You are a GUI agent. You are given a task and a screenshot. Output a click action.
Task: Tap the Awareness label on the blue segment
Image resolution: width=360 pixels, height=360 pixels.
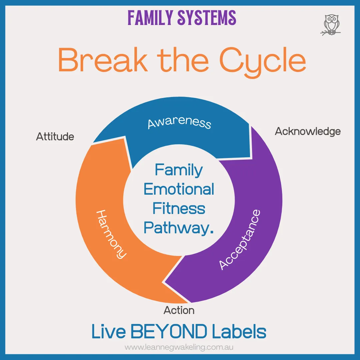pos(179,122)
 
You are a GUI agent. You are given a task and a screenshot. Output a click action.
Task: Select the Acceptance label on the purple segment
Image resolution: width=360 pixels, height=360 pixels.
pos(239,239)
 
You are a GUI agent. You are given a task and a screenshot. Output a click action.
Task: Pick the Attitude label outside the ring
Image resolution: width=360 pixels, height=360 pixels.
pos(55,137)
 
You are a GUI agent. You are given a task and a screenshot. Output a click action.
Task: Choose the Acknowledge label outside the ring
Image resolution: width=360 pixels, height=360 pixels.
pos(308,131)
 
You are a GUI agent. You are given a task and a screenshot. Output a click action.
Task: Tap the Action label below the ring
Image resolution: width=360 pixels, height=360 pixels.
pos(179,310)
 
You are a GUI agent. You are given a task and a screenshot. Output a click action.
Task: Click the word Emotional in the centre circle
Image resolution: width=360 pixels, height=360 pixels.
pos(179,189)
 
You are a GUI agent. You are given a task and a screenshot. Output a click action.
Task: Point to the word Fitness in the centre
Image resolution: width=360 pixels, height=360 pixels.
pos(179,209)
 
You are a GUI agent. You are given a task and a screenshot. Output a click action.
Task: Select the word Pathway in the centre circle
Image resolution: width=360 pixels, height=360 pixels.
pos(177,228)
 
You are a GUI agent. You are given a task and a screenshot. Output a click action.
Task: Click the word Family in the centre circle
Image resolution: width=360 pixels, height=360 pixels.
pos(179,170)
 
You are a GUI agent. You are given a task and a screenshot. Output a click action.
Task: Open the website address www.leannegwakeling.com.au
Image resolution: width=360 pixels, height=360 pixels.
pos(179,347)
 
